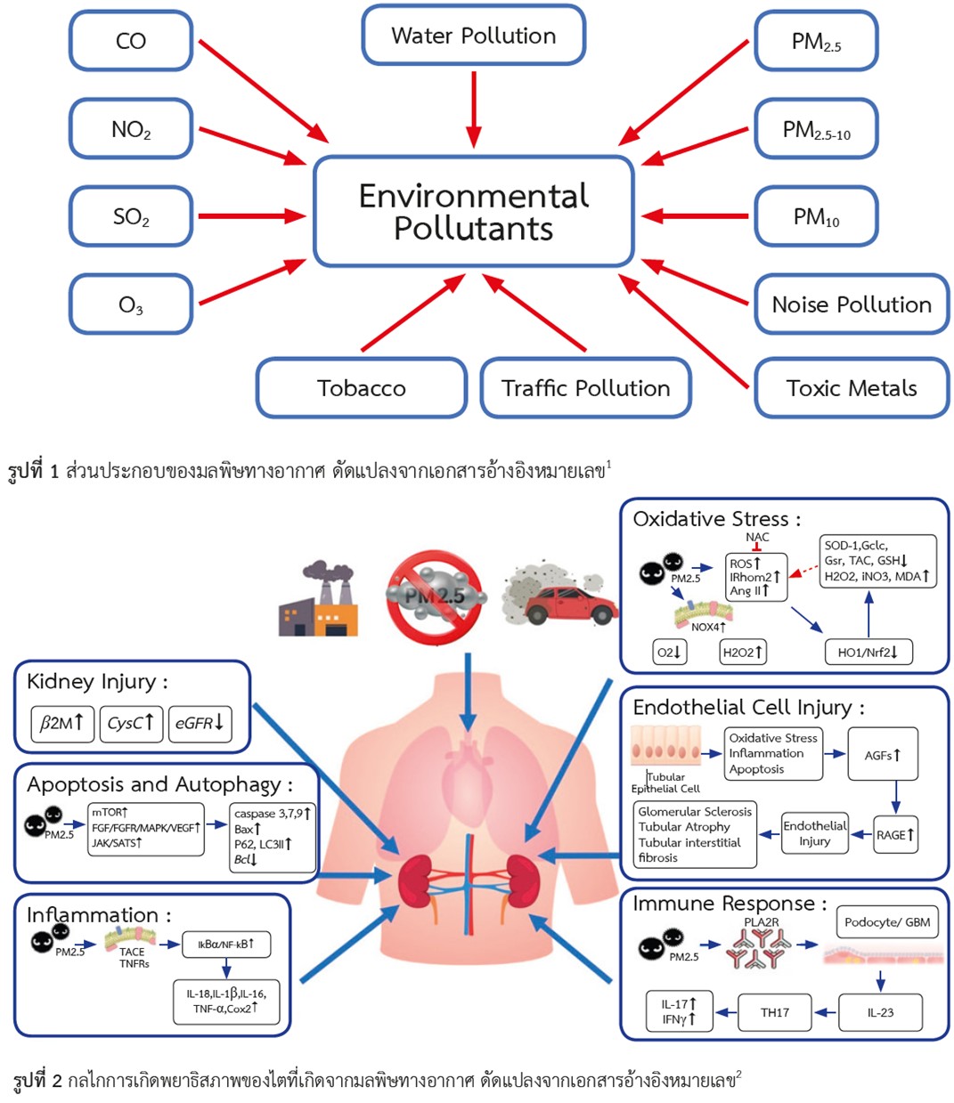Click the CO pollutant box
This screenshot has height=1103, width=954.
(x=131, y=41)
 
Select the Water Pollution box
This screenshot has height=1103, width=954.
(x=473, y=36)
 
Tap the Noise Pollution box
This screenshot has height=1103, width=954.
(x=852, y=304)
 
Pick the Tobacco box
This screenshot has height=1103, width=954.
(x=362, y=388)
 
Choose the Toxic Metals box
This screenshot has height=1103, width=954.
(x=852, y=388)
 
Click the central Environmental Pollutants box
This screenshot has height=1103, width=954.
(x=473, y=212)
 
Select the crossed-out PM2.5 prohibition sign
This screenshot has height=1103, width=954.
(x=435, y=596)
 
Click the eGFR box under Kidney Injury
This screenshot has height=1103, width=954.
(x=199, y=724)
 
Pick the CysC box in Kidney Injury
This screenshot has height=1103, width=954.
(x=130, y=724)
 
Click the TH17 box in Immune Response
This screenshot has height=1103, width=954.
(x=774, y=1012)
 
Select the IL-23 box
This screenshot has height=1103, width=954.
(x=880, y=1012)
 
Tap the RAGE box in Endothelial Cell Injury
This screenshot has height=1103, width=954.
(x=895, y=835)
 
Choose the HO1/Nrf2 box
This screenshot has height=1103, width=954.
(x=868, y=653)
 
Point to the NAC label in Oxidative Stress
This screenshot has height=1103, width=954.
(x=757, y=537)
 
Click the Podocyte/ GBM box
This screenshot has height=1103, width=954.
(x=887, y=922)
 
